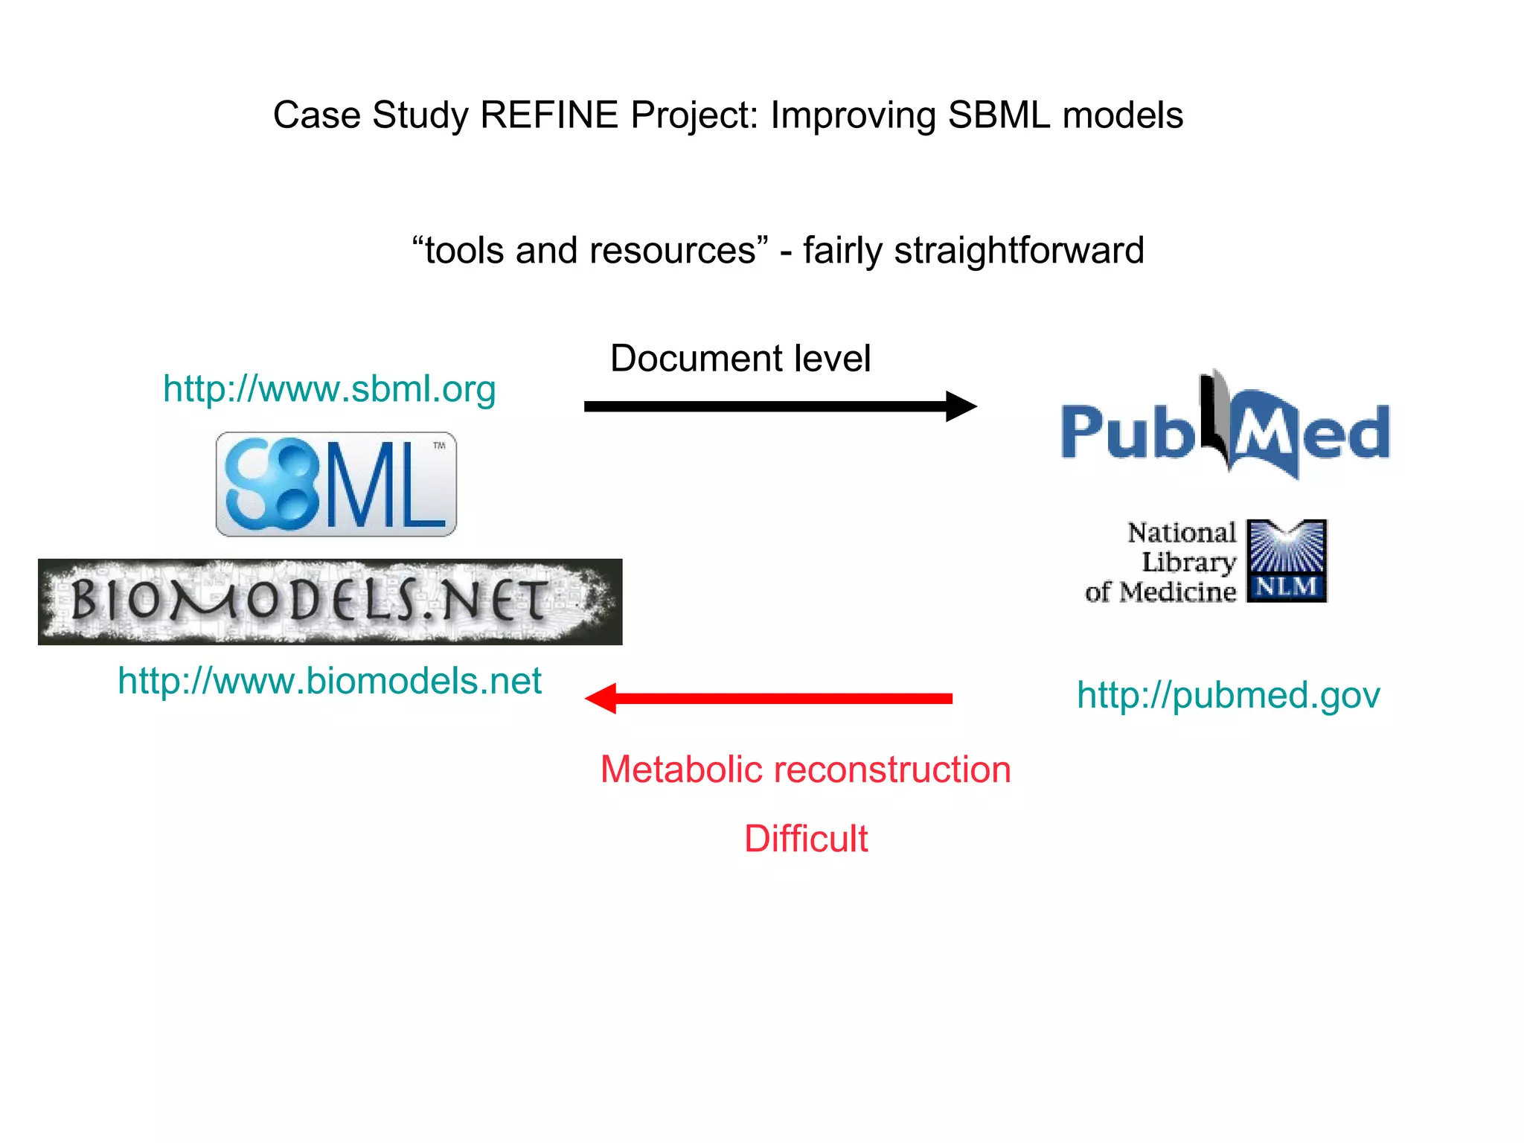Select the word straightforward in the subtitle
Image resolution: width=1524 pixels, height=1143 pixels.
click(x=1019, y=251)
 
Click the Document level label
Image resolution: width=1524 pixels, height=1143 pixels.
click(x=740, y=359)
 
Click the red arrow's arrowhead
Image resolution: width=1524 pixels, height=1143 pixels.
click(x=602, y=698)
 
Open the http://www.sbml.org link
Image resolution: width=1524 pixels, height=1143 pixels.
click(x=329, y=389)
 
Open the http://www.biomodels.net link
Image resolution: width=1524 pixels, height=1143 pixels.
click(x=329, y=681)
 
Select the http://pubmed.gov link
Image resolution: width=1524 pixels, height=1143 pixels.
click(x=1228, y=695)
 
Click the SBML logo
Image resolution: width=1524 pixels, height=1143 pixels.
click(x=336, y=484)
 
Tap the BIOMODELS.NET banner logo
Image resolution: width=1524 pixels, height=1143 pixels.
click(x=330, y=601)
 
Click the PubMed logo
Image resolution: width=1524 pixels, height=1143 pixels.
click(x=1225, y=432)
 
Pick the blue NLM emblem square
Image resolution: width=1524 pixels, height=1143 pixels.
click(x=1286, y=560)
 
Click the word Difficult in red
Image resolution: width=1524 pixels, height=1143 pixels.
click(x=806, y=839)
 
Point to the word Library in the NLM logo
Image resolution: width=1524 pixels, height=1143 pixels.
click(x=1188, y=563)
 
